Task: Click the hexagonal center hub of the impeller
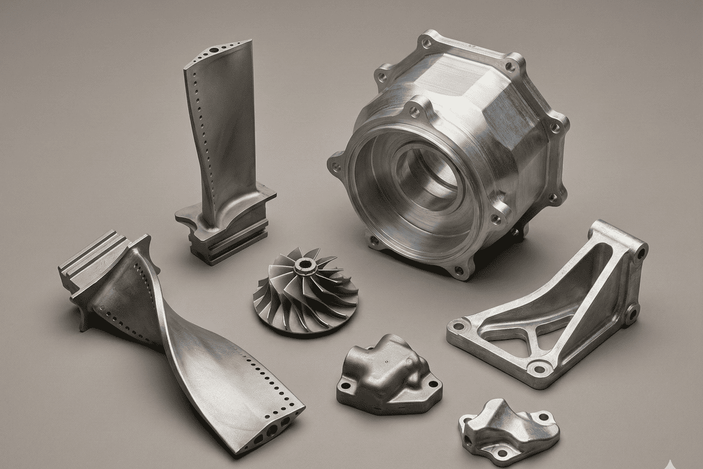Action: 305,267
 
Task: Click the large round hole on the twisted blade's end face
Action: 272,431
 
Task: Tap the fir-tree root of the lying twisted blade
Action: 94,264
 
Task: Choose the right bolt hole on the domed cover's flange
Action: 434,384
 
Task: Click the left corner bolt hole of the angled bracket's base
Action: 459,325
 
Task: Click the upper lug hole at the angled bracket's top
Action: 640,253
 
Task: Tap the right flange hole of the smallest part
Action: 544,417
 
